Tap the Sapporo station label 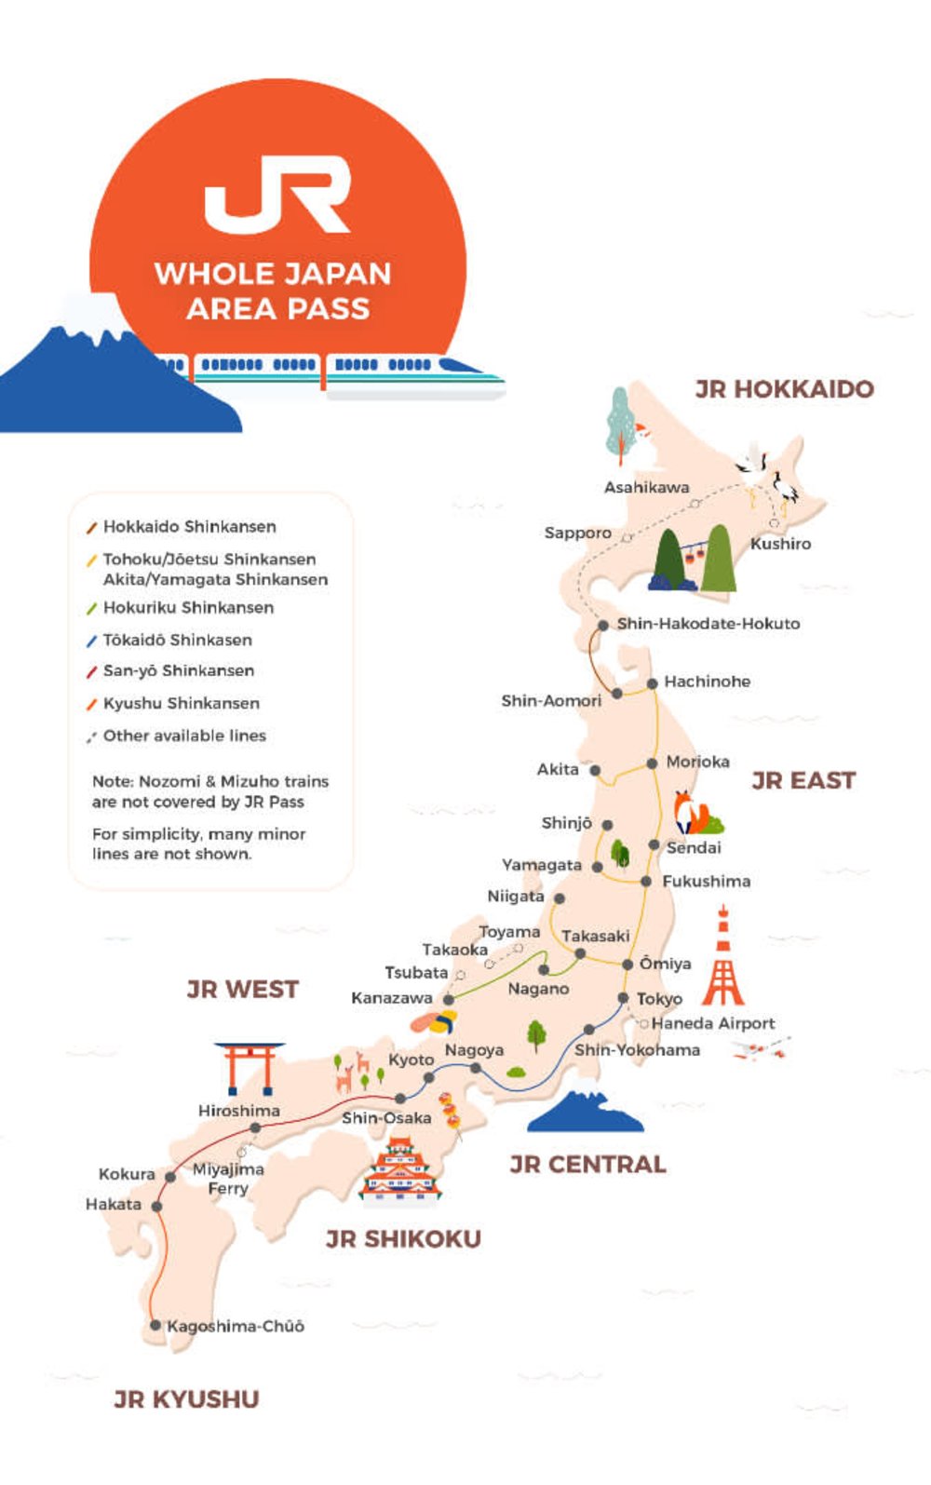pyautogui.click(x=577, y=533)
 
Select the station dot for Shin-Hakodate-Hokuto pyautogui.click(x=603, y=625)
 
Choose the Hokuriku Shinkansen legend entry pyautogui.click(x=188, y=608)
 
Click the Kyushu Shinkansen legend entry pyautogui.click(x=181, y=703)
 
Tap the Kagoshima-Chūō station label pyautogui.click(x=236, y=1326)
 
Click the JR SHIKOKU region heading pyautogui.click(x=403, y=1238)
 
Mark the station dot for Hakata pyautogui.click(x=156, y=1206)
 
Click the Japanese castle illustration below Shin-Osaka pyautogui.click(x=400, y=1168)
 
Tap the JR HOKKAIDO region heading pyautogui.click(x=784, y=389)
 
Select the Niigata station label pyautogui.click(x=515, y=897)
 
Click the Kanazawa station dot pyautogui.click(x=449, y=999)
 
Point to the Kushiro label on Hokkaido pyautogui.click(x=780, y=544)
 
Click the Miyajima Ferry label pyautogui.click(x=228, y=1179)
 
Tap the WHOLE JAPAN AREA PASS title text pyautogui.click(x=275, y=290)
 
